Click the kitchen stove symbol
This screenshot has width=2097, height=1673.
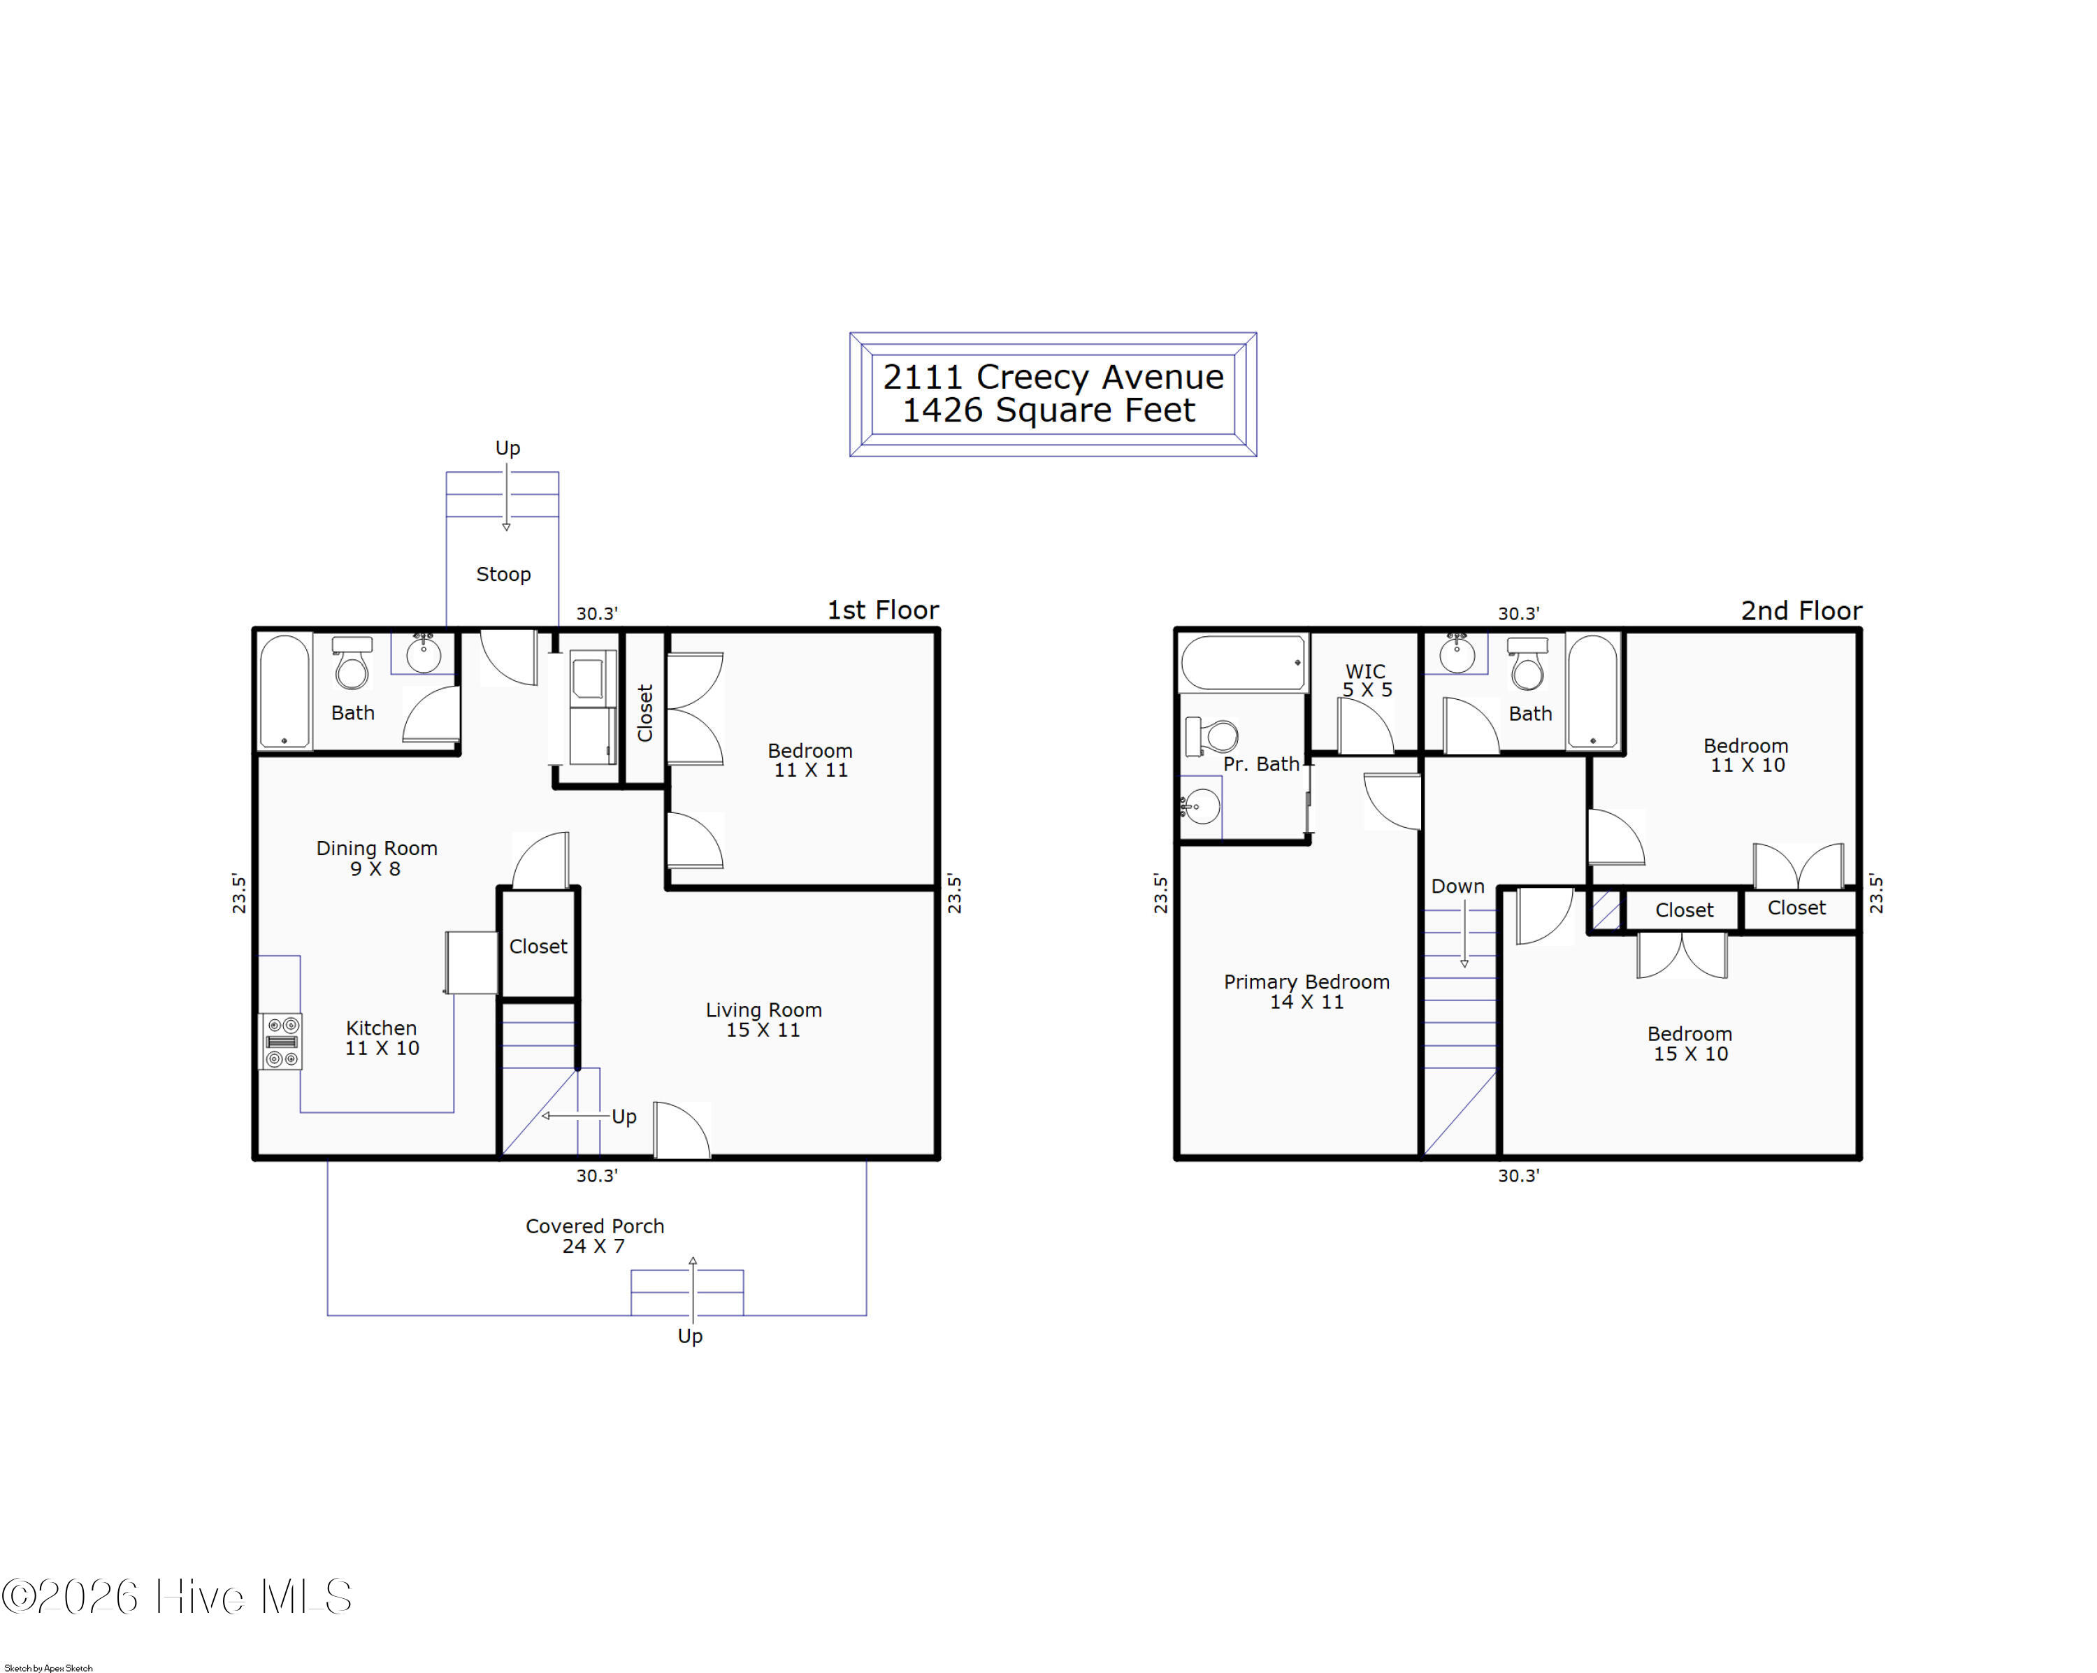pos(281,1042)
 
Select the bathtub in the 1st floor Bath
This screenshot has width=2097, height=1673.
pos(284,691)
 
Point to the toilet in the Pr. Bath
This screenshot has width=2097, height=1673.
pos(1211,736)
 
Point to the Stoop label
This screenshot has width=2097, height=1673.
pos(503,574)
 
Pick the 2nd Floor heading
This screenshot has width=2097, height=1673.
pos(1801,611)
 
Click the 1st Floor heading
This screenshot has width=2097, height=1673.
pos(883,610)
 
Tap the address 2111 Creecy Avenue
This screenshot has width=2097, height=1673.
pos(1053,376)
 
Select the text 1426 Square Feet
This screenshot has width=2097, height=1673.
pos(1048,410)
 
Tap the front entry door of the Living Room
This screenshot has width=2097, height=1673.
pos(682,1130)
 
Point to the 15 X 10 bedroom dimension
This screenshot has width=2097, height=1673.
pos(1690,1054)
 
